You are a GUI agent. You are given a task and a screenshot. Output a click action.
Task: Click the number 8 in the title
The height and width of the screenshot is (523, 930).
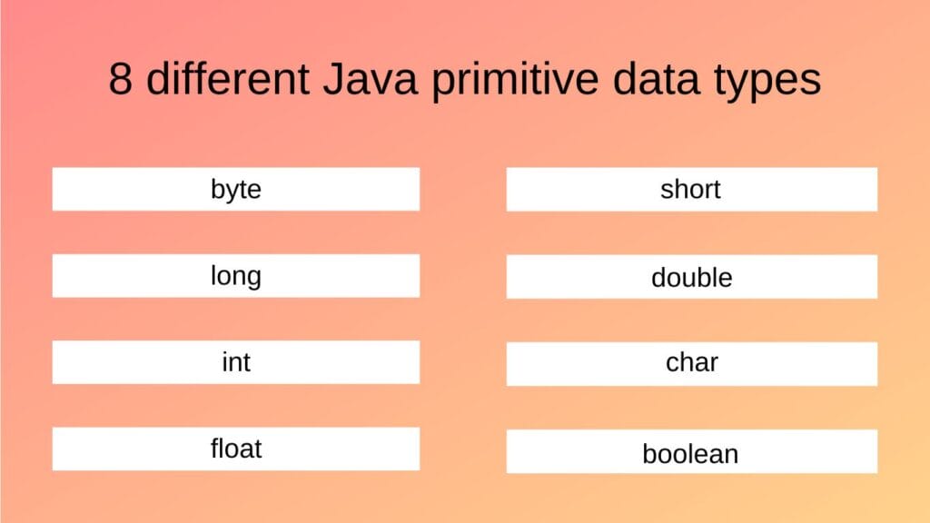click(x=122, y=80)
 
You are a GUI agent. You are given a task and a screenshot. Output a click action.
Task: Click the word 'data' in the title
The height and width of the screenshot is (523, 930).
click(x=660, y=80)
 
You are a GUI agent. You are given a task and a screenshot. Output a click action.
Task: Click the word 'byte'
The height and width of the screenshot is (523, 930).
click(x=236, y=190)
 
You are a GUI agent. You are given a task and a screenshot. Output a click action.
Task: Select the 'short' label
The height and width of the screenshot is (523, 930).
click(x=691, y=190)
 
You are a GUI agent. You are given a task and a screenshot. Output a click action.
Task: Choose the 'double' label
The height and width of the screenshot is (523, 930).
click(x=691, y=278)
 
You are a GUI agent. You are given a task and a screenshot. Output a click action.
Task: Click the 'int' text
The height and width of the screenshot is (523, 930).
click(x=236, y=362)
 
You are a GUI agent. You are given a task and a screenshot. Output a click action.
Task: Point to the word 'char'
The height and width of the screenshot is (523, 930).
click(x=691, y=363)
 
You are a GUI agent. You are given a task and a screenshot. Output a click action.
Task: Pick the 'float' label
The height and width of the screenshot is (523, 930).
click(x=236, y=449)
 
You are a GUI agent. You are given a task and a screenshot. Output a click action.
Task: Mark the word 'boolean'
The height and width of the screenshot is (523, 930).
click(x=691, y=453)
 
